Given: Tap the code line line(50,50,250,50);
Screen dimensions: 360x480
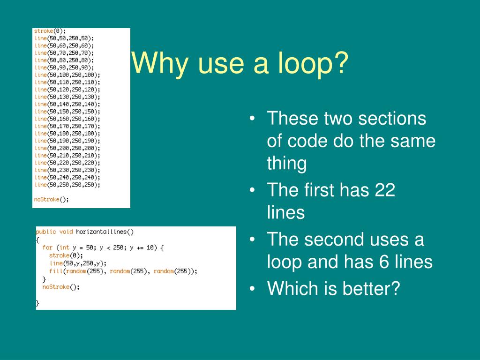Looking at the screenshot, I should tap(64, 38).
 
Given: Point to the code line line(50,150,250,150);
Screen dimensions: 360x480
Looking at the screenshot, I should tap(67, 112).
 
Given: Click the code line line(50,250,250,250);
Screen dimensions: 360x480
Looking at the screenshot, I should tap(67, 185).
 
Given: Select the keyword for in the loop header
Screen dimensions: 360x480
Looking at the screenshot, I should tap(47, 247).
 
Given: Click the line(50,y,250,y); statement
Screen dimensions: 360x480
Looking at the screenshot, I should tap(78, 263).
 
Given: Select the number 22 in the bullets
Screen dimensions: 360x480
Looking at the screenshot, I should tap(385, 190).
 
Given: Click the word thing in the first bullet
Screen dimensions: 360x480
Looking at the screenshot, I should tap(287, 164).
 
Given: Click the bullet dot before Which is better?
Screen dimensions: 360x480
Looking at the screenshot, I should tap(253, 288).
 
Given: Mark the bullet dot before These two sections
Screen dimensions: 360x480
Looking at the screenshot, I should tap(253, 118).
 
